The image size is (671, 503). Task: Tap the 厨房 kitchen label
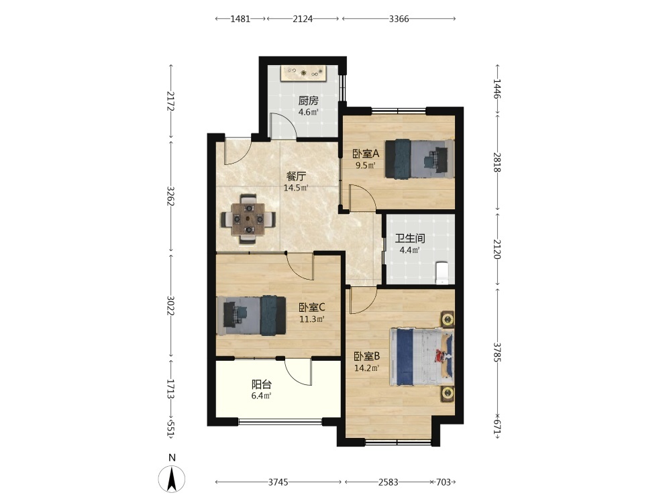pos(308,101)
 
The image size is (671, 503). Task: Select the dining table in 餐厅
pos(248,219)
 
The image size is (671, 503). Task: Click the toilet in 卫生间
pos(442,273)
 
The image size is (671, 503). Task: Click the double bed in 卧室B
pos(421,356)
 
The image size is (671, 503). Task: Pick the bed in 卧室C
pos(251,316)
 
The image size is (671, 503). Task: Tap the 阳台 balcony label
pos(262,384)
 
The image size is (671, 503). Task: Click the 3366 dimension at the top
pos(399,19)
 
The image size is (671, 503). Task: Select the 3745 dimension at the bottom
pos(278,482)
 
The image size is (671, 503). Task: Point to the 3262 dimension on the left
pos(170,195)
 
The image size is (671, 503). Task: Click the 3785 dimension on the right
pos(497,352)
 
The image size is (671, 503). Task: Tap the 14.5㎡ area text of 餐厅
pos(296,188)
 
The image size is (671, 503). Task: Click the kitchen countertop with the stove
pos(304,72)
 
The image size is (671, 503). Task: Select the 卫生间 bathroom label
pos(410,238)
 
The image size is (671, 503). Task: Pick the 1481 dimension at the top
pos(240,19)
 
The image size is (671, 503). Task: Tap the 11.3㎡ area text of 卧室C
pos(311,319)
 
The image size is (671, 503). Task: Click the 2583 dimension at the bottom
pos(389,482)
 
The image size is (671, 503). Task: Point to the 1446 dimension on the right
pos(497,89)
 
